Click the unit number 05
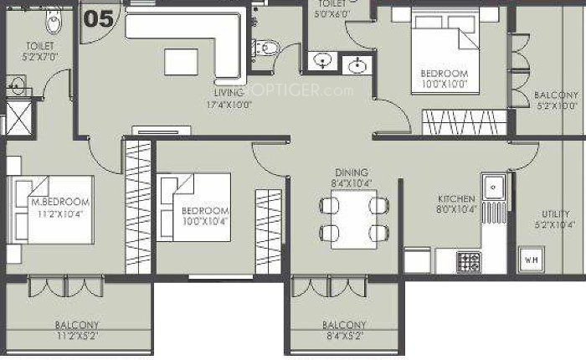point(99,18)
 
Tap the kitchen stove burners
point(468,261)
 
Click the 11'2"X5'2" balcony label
point(77,330)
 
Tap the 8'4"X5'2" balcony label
point(343,330)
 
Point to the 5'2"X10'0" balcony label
point(556,100)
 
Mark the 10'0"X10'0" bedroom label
point(444,79)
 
